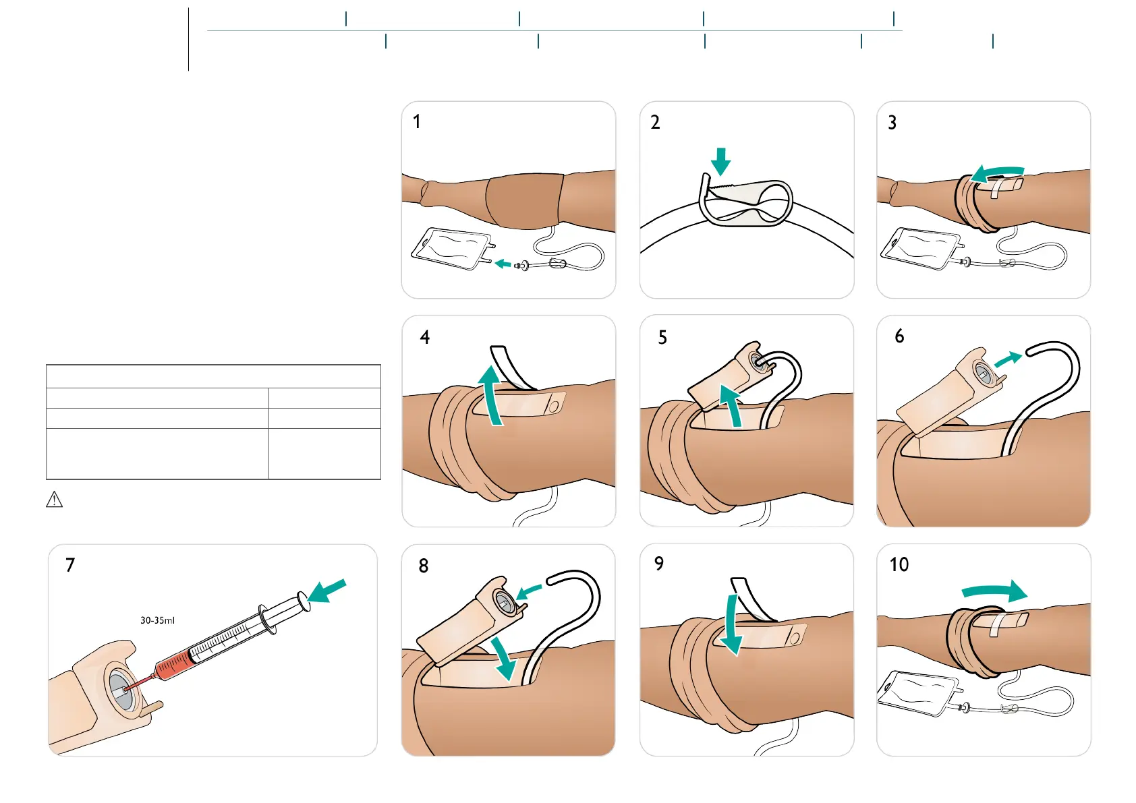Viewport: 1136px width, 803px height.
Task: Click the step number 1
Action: click(417, 122)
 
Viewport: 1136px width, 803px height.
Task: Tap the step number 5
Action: click(662, 337)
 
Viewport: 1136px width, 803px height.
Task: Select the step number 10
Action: click(899, 564)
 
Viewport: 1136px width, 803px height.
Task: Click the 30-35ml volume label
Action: click(157, 620)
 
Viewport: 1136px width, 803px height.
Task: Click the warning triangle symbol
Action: click(54, 500)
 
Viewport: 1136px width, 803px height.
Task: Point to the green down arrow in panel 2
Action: click(721, 161)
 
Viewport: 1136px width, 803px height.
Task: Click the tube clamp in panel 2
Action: click(745, 203)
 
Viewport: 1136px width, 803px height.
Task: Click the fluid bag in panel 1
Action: click(451, 248)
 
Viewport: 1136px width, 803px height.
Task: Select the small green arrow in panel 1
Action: click(503, 264)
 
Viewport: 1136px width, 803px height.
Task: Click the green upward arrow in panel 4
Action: click(492, 394)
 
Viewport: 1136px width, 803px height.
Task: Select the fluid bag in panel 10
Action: click(917, 693)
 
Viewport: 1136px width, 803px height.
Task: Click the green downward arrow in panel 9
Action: click(731, 625)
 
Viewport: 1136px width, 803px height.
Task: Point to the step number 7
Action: click(70, 565)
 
